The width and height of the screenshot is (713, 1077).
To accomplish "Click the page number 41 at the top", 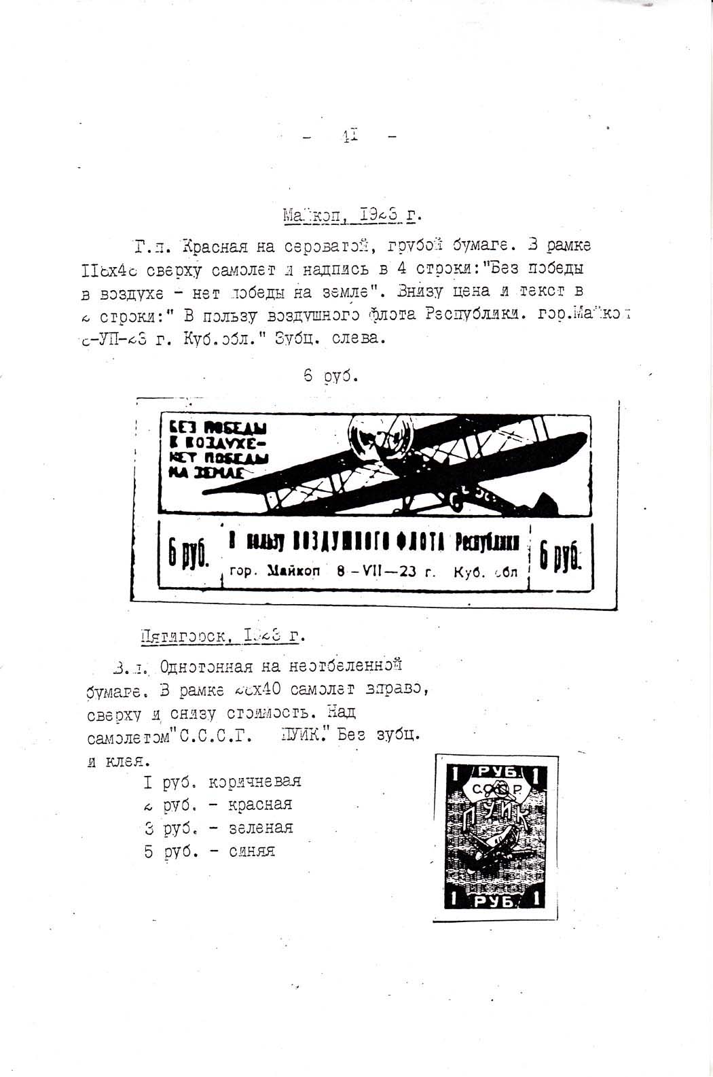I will (351, 136).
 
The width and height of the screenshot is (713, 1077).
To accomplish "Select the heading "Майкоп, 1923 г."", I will (352, 217).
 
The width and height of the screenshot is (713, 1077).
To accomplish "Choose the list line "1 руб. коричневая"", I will (222, 781).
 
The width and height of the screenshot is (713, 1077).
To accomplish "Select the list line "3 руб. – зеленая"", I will (219, 828).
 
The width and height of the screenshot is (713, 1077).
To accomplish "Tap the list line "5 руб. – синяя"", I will (210, 851).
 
